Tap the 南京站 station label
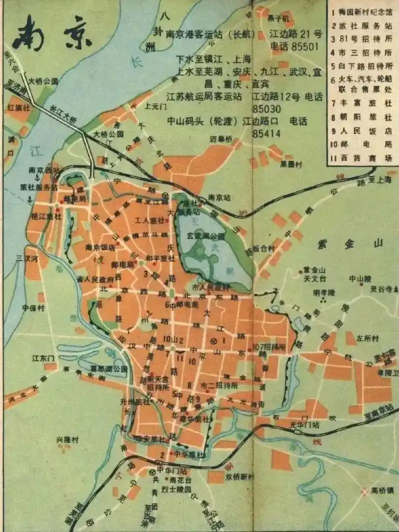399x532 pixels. click(218, 196)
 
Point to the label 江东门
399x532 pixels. click(43, 358)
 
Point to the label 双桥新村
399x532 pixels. click(240, 477)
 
